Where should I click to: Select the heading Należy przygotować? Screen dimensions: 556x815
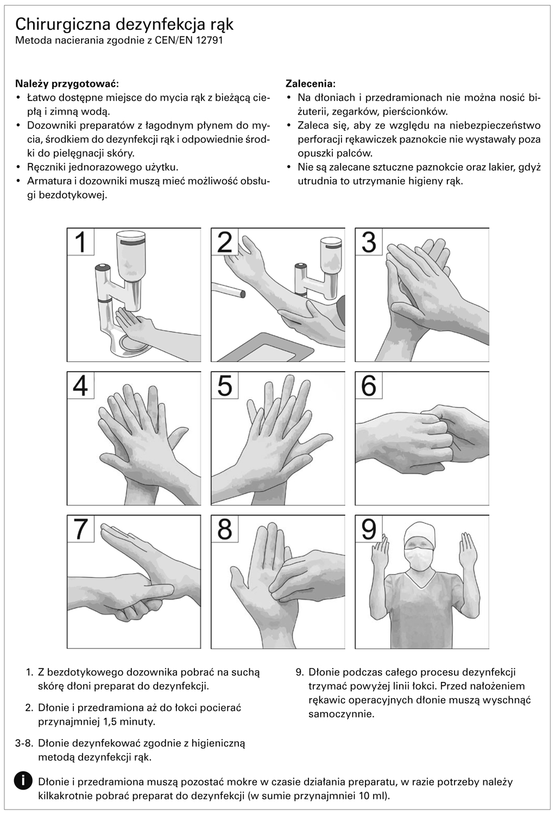coord(67,84)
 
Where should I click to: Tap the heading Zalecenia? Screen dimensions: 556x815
coord(310,84)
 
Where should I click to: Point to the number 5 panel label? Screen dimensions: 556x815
coord(224,386)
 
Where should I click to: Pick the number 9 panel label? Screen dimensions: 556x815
coord(369,530)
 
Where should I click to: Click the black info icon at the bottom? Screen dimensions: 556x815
coord(23,780)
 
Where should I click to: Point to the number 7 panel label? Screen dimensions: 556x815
coord(80,530)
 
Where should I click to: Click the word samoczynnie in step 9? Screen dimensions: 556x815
coord(342,714)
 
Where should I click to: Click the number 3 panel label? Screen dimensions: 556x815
coord(369,242)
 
